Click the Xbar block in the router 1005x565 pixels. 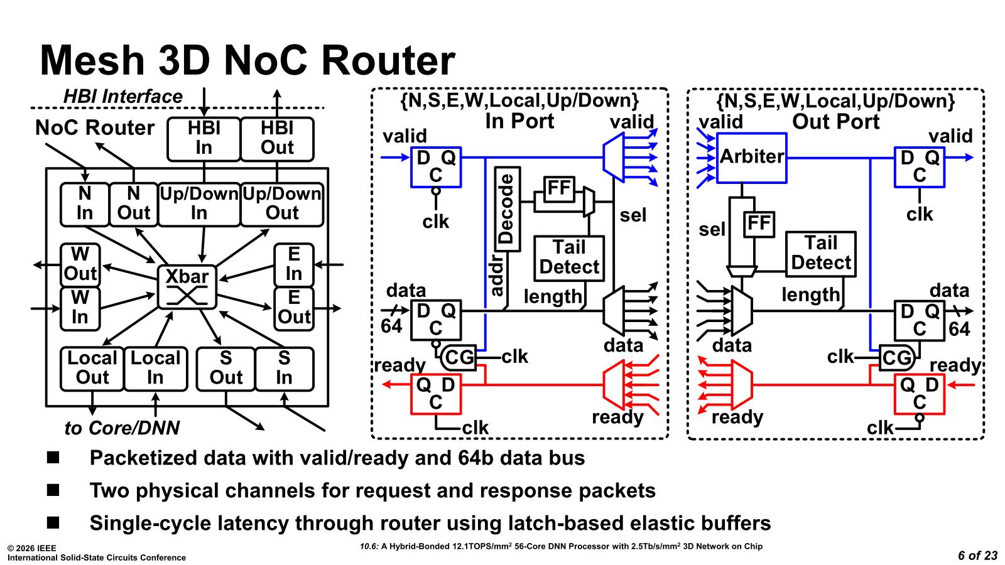point(187,286)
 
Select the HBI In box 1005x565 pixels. point(204,138)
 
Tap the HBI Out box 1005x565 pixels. point(277,138)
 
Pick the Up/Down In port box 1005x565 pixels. point(199,203)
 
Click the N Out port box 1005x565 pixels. point(133,203)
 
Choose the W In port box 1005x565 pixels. point(80,308)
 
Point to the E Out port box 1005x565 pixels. point(293,308)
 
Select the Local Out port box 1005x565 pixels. point(92,368)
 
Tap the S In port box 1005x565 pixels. point(284,368)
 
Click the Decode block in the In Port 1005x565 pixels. point(507,209)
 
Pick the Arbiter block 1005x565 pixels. point(751,157)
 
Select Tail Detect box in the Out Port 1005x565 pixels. point(820,253)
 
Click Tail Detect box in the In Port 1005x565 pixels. point(569,257)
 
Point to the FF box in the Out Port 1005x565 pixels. point(759,224)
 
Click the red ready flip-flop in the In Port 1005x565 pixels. point(435,394)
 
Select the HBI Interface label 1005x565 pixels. point(122,97)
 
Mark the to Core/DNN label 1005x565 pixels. point(122,428)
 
